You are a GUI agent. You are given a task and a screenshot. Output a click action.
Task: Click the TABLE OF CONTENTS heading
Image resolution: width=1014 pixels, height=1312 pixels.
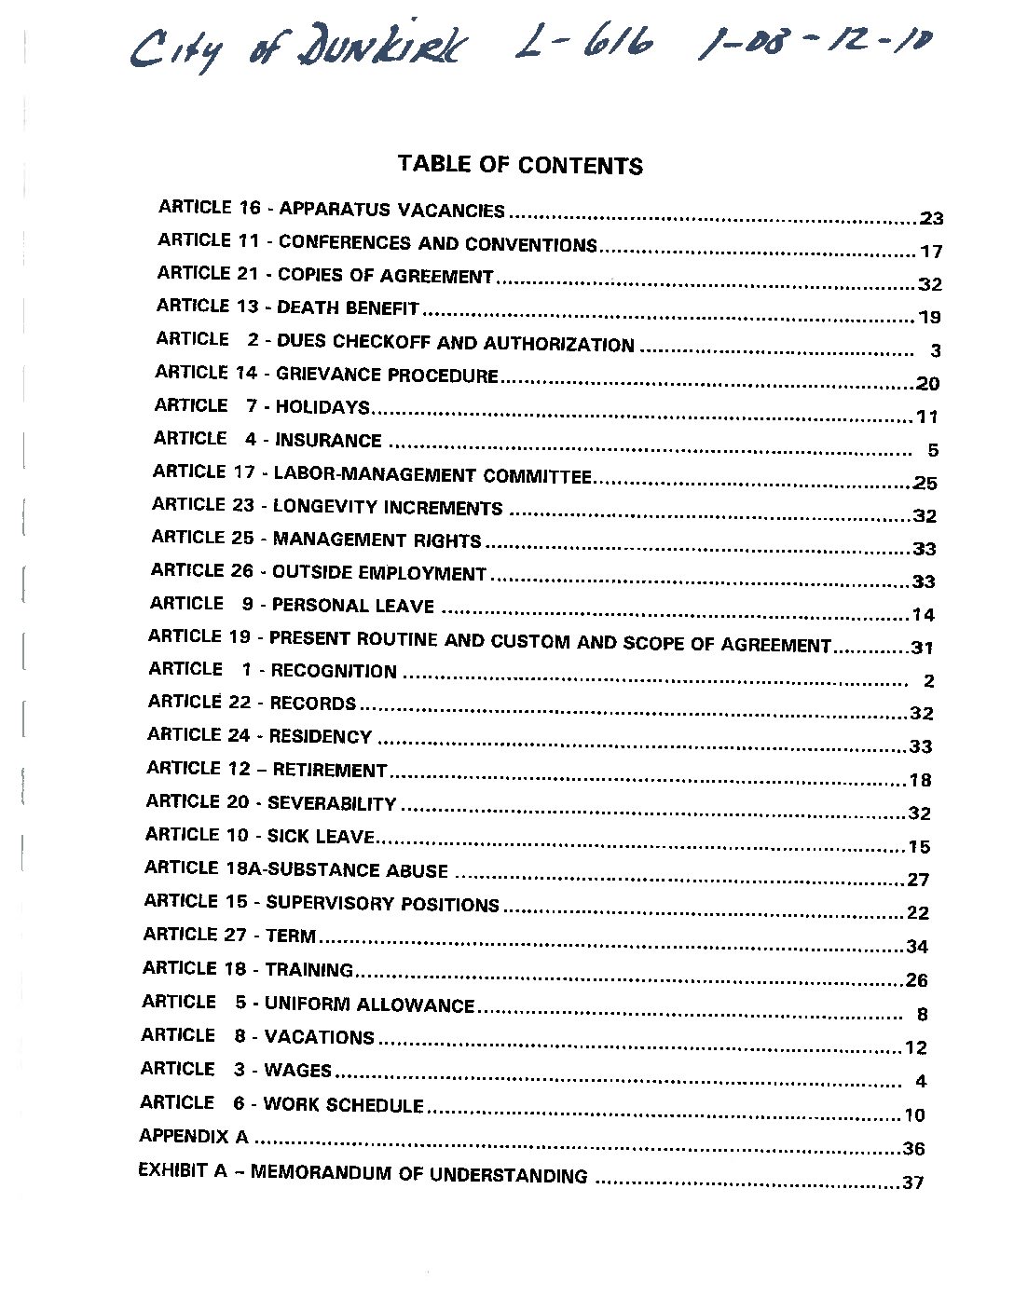(520, 165)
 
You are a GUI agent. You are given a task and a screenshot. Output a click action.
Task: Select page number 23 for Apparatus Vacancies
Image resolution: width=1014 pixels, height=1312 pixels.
(931, 219)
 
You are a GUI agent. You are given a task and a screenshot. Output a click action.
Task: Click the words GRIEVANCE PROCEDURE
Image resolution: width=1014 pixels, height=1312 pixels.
(387, 376)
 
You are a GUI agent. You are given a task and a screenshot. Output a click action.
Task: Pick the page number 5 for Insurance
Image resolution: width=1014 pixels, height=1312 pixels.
(933, 450)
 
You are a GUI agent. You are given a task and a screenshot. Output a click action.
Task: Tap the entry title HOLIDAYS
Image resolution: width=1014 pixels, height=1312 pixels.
(322, 407)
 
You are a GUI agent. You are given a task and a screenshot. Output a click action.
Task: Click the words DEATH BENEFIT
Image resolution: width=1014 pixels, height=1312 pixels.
(348, 307)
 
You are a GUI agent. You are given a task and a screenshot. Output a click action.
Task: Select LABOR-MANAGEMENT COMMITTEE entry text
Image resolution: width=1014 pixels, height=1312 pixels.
(432, 475)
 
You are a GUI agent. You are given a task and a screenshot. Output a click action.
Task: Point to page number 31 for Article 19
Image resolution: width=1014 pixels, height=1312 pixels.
(922, 648)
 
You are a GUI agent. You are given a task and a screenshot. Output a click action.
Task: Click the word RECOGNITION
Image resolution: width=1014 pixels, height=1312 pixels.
(334, 671)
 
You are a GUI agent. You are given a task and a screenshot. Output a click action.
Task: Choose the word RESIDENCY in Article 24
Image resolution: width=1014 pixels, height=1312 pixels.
(320, 737)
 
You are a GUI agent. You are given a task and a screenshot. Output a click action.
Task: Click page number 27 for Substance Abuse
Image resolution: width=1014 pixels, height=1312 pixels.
(918, 880)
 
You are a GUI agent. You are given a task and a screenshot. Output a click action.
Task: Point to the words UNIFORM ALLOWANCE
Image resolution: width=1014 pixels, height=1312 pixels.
(369, 1004)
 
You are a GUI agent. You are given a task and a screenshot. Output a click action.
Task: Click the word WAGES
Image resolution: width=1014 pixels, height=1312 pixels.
(297, 1071)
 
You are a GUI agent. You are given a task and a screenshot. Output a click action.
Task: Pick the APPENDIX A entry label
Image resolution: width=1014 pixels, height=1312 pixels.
(194, 1137)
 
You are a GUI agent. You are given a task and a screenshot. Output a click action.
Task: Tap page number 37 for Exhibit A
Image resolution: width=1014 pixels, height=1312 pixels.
(912, 1182)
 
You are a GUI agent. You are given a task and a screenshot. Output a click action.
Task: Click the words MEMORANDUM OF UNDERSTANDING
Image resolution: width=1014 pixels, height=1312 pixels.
(418, 1174)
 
